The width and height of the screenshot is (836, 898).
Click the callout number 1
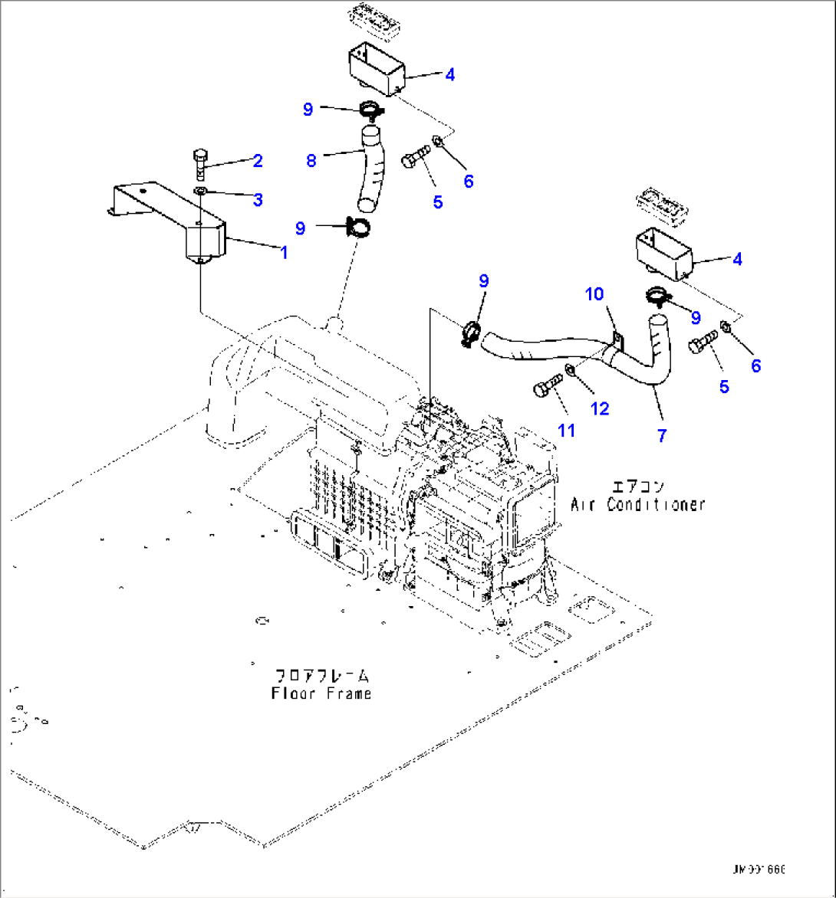tap(284, 251)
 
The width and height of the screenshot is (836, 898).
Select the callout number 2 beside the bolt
tap(258, 160)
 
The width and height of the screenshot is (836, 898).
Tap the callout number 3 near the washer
tap(258, 199)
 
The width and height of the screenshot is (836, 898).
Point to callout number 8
tap(311, 161)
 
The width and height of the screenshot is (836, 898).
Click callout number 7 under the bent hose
tap(661, 434)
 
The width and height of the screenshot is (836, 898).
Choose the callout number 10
tap(595, 294)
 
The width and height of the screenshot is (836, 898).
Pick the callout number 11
tap(566, 431)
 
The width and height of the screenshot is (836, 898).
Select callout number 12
tap(600, 408)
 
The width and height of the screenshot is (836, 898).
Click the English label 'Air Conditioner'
tap(637, 504)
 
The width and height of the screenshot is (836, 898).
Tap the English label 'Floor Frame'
tap(321, 693)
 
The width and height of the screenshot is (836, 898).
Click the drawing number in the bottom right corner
tap(759, 870)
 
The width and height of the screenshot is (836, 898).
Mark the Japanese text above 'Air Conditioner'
tap(637, 487)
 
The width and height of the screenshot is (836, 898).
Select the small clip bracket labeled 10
tap(618, 337)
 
